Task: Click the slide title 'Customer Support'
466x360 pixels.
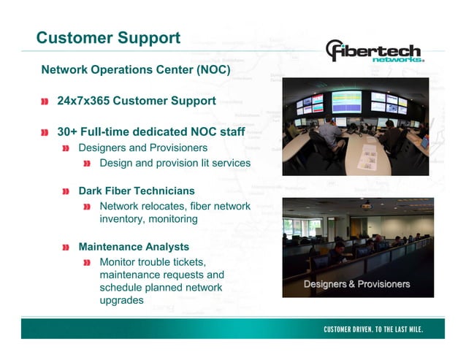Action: coord(108,37)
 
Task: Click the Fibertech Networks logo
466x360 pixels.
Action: coord(374,52)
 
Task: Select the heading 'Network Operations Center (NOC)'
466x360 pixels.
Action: coord(136,71)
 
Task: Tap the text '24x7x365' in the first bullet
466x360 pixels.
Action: coord(83,101)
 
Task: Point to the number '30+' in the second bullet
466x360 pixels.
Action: coord(69,134)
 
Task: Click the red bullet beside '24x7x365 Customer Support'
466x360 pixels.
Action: coord(46,101)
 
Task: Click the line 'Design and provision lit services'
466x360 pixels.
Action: coord(175,163)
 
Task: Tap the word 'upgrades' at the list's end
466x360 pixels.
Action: coord(121,300)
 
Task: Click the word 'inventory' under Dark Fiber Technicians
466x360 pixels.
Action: coord(123,219)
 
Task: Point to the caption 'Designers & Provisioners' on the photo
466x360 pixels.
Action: coord(356,284)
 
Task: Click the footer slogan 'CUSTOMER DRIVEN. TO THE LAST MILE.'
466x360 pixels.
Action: coord(373,329)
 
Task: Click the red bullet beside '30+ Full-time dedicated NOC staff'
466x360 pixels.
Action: coord(46,134)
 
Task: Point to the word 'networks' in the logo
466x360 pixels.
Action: coord(398,60)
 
